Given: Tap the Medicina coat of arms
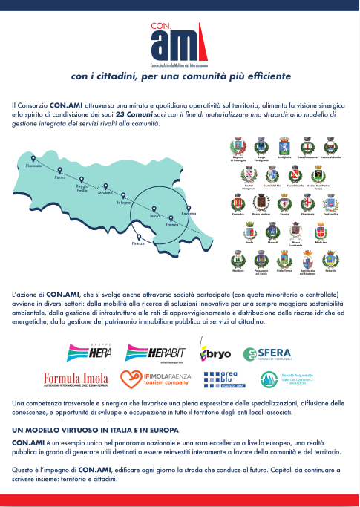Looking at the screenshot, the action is pyautogui.click(x=320, y=235).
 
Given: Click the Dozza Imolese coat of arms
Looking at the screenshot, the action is pyautogui.click(x=261, y=203).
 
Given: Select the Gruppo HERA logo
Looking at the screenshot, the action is pyautogui.click(x=91, y=350).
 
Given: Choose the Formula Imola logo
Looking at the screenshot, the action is pyautogui.click(x=76, y=380).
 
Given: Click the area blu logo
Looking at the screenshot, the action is pyautogui.click(x=224, y=380).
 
